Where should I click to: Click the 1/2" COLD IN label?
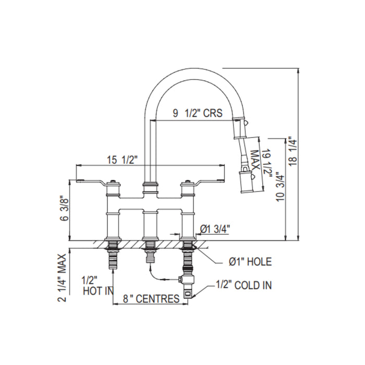(x=244, y=285)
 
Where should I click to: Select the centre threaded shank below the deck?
(x=149, y=256)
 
